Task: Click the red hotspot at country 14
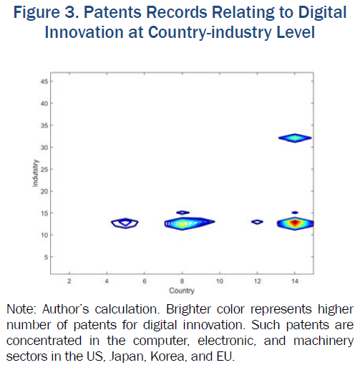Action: tap(295, 223)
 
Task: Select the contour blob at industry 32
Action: tap(295, 138)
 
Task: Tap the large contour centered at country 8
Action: tap(190, 223)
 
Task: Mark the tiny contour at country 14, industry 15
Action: tap(295, 213)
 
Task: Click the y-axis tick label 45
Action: tap(44, 82)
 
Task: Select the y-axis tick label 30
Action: tap(44, 147)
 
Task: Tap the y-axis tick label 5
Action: tap(46, 257)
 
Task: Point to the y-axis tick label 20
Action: tap(44, 191)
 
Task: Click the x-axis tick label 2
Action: tap(69, 281)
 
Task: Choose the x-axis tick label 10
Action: tap(220, 281)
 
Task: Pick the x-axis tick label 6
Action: tap(145, 281)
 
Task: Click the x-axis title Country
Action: tap(182, 291)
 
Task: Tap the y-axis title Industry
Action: tap(35, 173)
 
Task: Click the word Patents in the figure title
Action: tap(112, 12)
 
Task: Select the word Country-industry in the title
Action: tap(210, 32)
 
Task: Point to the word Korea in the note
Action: tap(167, 356)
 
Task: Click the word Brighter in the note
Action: tap(188, 309)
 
